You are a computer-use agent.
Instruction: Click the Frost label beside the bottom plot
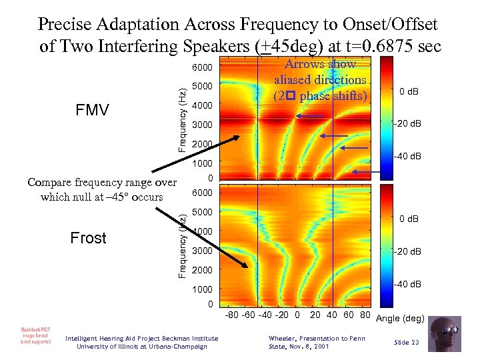click(x=88, y=238)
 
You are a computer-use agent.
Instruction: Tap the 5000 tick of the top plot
click(x=201, y=87)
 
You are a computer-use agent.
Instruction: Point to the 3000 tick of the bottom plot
click(x=201, y=251)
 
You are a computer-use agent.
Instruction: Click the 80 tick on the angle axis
click(x=365, y=314)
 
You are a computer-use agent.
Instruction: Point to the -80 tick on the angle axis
click(x=233, y=314)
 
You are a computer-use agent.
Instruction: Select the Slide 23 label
click(x=405, y=342)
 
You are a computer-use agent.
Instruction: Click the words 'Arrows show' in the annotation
click(x=321, y=65)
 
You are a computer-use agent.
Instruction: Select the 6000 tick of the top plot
click(x=201, y=68)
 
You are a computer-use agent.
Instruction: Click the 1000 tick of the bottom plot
click(x=201, y=289)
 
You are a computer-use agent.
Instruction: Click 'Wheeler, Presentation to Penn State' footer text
click(x=316, y=342)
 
